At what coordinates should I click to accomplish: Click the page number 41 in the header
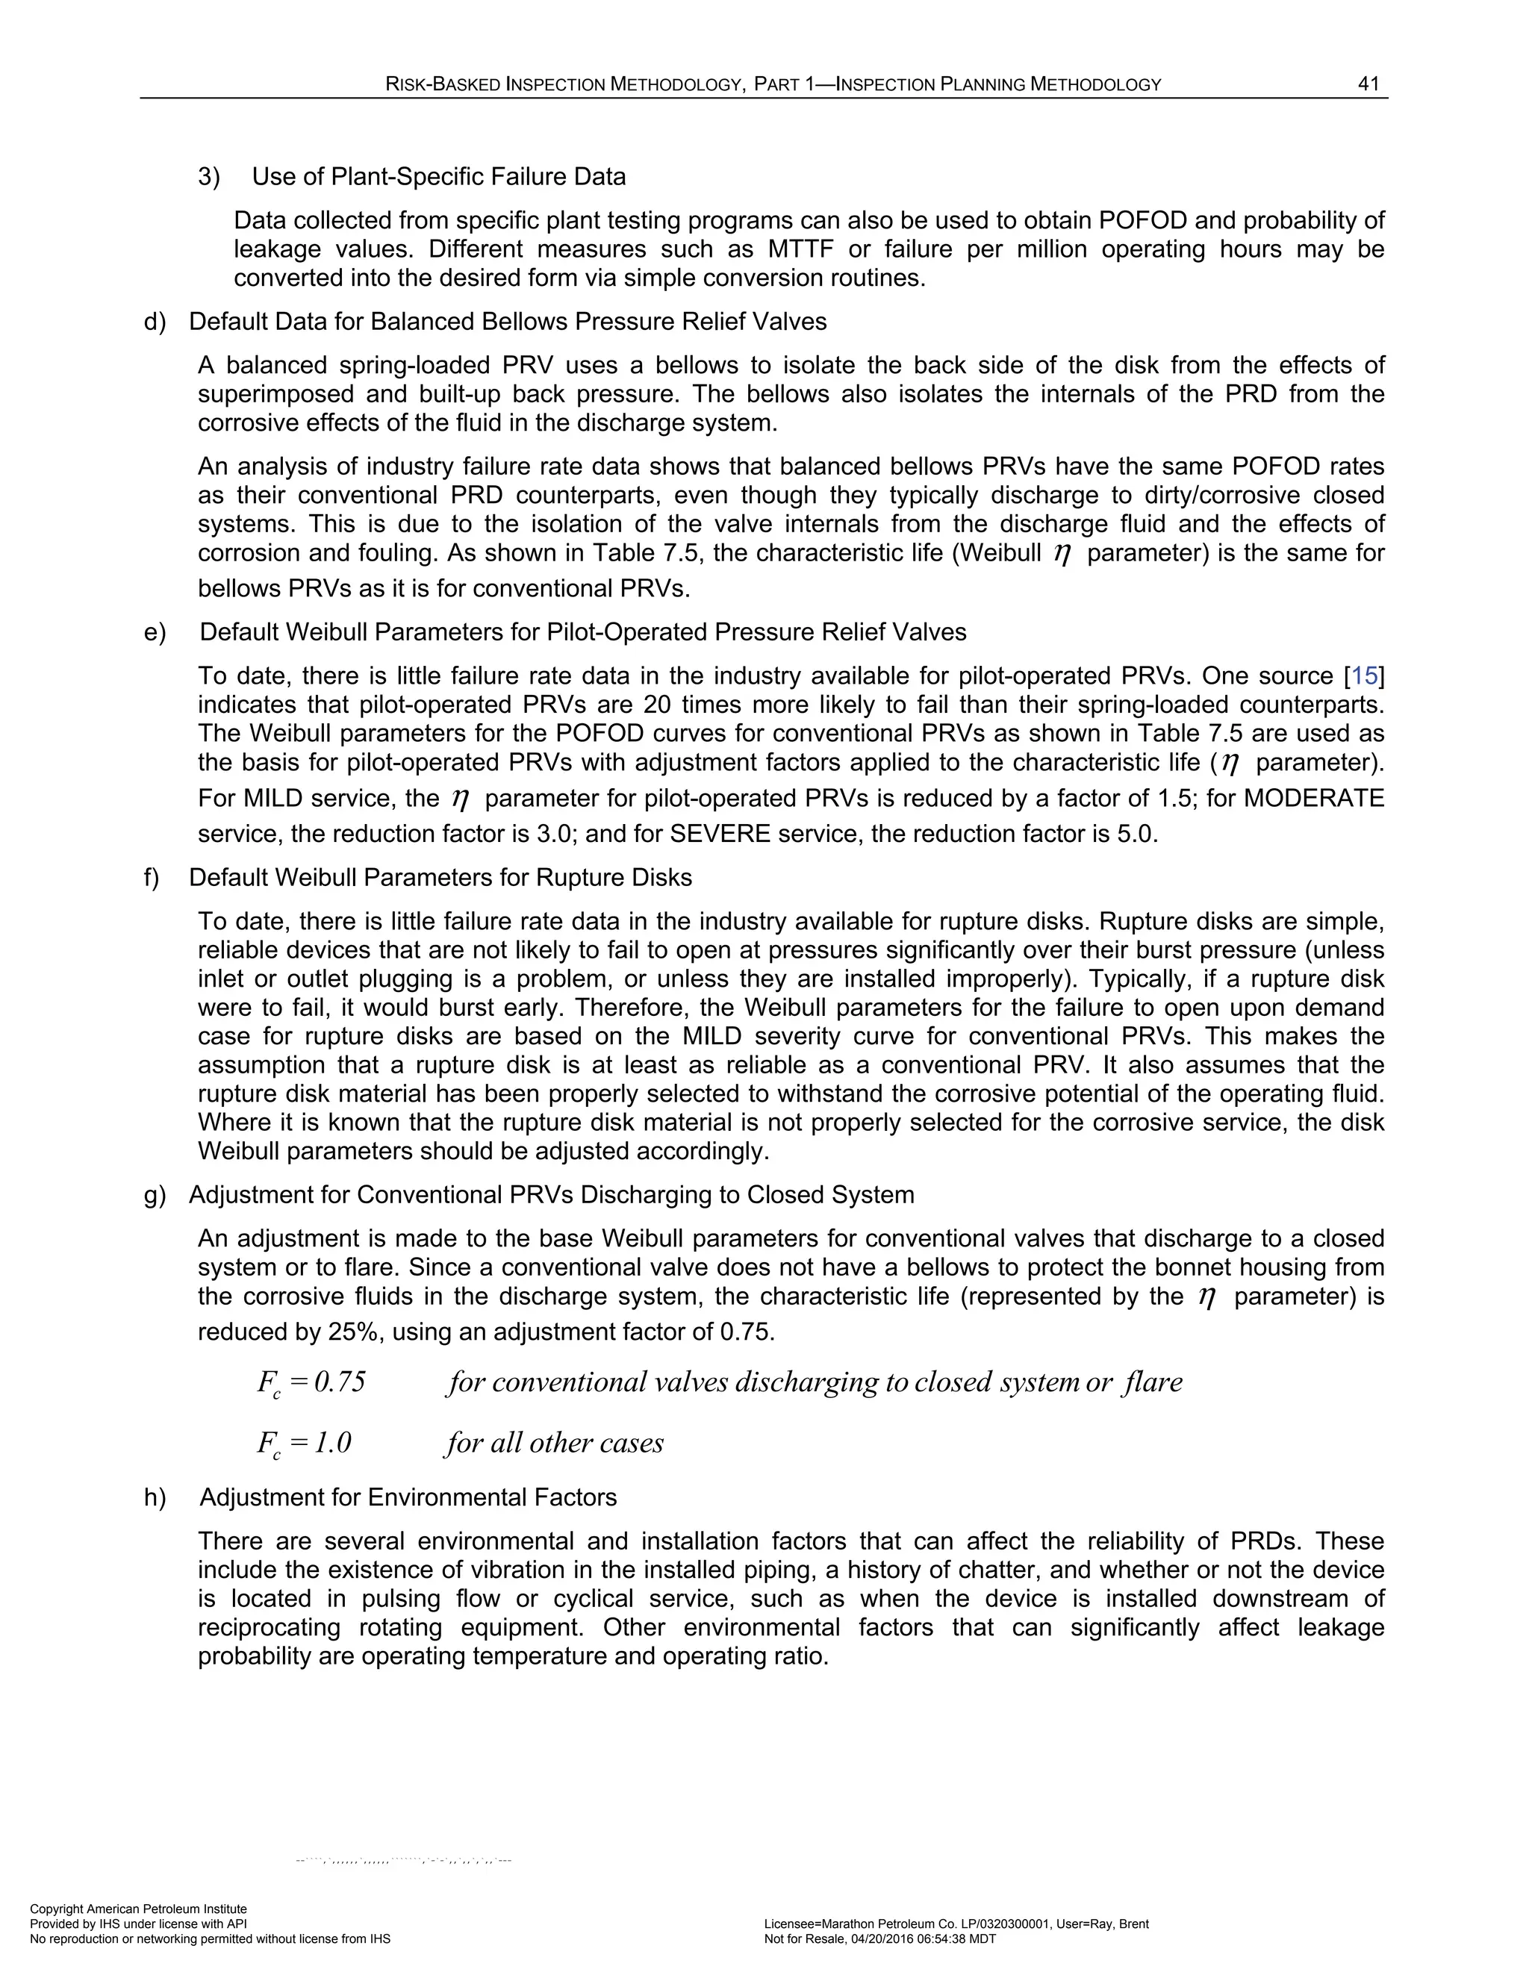point(1368,84)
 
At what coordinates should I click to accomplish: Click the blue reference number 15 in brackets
point(1364,676)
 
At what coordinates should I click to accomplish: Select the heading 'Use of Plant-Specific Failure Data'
point(438,177)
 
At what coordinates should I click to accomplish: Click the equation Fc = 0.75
point(311,1383)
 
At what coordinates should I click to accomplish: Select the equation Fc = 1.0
point(305,1444)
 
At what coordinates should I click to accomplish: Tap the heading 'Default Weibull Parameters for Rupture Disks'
point(440,878)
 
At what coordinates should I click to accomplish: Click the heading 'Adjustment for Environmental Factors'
point(408,1497)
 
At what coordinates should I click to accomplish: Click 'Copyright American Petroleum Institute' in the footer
point(139,1909)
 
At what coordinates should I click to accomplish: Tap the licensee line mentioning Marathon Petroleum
point(956,1924)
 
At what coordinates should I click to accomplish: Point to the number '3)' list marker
point(209,177)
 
